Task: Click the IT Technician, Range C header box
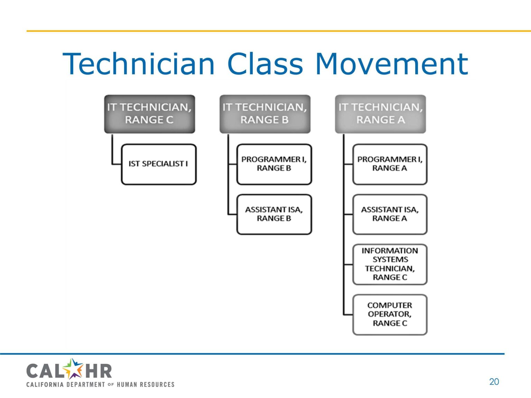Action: (x=149, y=114)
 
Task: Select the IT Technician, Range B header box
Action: (x=265, y=114)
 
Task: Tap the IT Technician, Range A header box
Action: (x=380, y=114)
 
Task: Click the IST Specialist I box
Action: (x=159, y=164)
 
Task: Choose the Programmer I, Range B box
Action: (x=274, y=164)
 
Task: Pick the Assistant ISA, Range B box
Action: (x=274, y=214)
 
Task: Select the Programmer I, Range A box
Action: (x=390, y=164)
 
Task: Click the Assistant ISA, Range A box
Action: (x=390, y=214)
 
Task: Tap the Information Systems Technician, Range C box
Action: (x=390, y=264)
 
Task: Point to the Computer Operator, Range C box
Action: (x=390, y=314)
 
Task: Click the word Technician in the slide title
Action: (x=139, y=64)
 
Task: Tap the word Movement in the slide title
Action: (x=392, y=64)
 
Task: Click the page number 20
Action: (x=494, y=381)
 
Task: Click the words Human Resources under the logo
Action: (x=146, y=385)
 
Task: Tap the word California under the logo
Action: (x=45, y=385)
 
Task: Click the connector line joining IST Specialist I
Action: (x=113, y=152)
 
